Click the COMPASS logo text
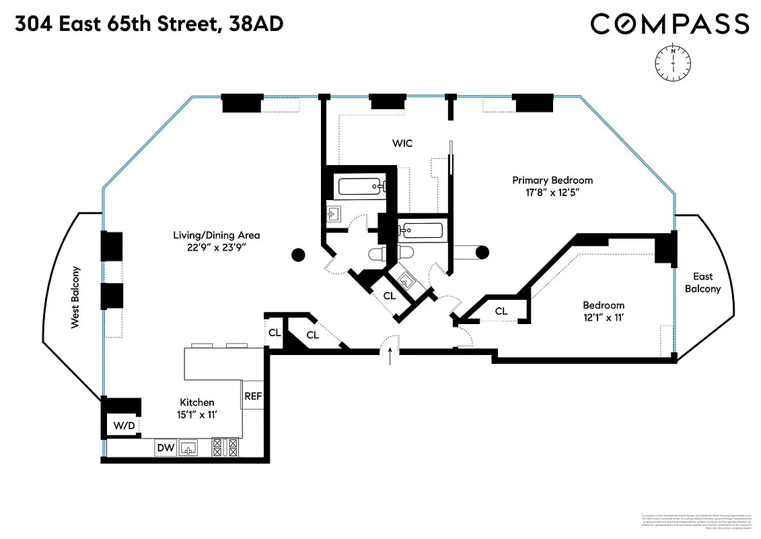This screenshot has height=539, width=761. [669, 24]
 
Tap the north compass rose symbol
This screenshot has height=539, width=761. [672, 61]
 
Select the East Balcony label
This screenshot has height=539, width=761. [702, 282]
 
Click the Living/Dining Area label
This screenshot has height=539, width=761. [215, 235]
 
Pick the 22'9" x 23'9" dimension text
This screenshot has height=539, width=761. [215, 247]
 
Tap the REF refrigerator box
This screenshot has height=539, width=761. [253, 396]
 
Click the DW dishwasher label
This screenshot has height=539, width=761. [165, 447]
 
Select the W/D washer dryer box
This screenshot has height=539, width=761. [123, 426]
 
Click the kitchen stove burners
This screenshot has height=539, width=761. [225, 447]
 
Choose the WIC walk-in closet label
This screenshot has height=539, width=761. [402, 144]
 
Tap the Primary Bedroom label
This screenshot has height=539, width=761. [552, 180]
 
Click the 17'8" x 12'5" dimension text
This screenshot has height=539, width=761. [552, 192]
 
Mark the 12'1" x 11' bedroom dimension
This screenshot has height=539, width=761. [603, 317]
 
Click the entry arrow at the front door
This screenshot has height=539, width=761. [390, 354]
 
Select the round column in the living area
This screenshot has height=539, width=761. [297, 254]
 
